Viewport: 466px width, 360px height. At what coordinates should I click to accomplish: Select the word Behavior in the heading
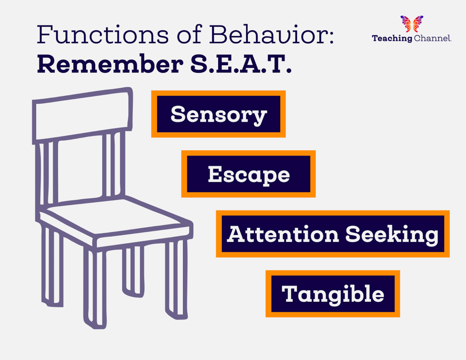(272, 35)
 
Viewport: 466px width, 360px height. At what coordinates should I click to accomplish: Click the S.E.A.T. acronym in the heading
(241, 64)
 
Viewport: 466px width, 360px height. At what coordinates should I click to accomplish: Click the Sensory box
(218, 114)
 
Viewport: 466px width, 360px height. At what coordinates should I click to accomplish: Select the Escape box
(248, 174)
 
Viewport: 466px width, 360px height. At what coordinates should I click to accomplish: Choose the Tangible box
(333, 294)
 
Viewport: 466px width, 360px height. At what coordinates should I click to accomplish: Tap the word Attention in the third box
(283, 234)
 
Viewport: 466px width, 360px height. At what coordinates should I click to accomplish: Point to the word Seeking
(392, 234)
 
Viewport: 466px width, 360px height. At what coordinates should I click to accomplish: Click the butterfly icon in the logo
(412, 24)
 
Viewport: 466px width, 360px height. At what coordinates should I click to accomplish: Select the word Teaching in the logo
(392, 38)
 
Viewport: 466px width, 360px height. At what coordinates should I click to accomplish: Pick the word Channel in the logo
(432, 38)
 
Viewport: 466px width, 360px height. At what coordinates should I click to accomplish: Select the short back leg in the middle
(133, 270)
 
